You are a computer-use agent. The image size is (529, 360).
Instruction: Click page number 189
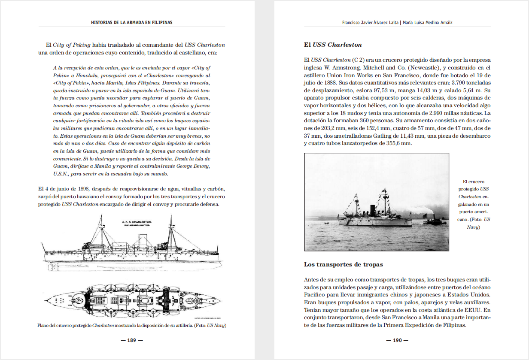point(131,340)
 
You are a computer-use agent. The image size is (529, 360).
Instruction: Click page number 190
point(397,340)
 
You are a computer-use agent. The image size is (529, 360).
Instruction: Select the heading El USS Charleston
point(333,45)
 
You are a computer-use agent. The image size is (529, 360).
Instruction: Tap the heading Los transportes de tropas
point(344,264)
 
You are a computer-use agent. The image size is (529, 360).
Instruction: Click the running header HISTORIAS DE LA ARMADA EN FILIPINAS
point(131,22)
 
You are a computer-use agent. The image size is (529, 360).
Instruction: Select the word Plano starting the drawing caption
point(44,326)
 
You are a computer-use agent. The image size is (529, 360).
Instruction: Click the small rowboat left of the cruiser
point(326,223)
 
